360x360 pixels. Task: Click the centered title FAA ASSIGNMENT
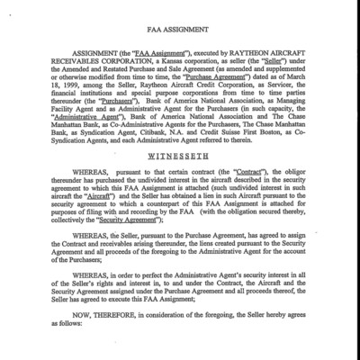179,29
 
